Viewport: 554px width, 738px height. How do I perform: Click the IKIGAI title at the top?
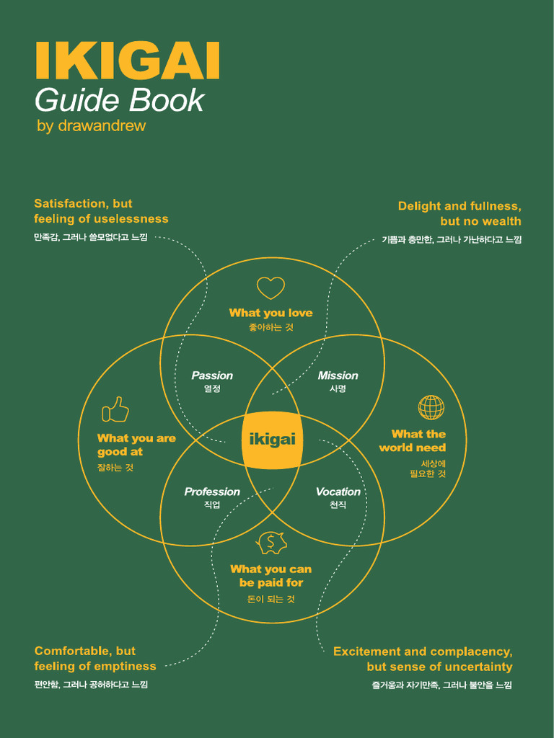point(127,62)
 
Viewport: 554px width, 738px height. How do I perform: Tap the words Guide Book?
point(119,100)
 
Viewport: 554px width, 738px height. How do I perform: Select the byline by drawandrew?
point(91,125)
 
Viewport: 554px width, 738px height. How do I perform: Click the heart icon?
point(271,288)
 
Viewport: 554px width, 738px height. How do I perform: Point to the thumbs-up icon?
point(115,409)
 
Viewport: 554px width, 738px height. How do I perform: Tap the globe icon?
point(431,407)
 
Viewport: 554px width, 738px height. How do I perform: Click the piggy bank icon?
point(272,543)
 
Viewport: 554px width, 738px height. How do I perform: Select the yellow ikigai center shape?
point(271,440)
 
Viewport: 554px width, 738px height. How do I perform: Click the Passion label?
point(212,375)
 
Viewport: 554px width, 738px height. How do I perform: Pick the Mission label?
point(338,375)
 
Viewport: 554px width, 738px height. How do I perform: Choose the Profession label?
point(212,492)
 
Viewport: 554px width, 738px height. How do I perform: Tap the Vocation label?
point(338,492)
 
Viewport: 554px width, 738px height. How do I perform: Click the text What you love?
point(271,313)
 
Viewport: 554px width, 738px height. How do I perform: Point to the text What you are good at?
point(136,445)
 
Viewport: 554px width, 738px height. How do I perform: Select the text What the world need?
point(413,440)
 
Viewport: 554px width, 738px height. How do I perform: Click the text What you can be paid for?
point(271,576)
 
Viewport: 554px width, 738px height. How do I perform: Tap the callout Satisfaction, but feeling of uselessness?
point(101,211)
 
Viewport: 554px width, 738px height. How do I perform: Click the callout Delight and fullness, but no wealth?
point(460,213)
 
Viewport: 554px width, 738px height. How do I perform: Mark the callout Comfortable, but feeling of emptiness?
point(95,659)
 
